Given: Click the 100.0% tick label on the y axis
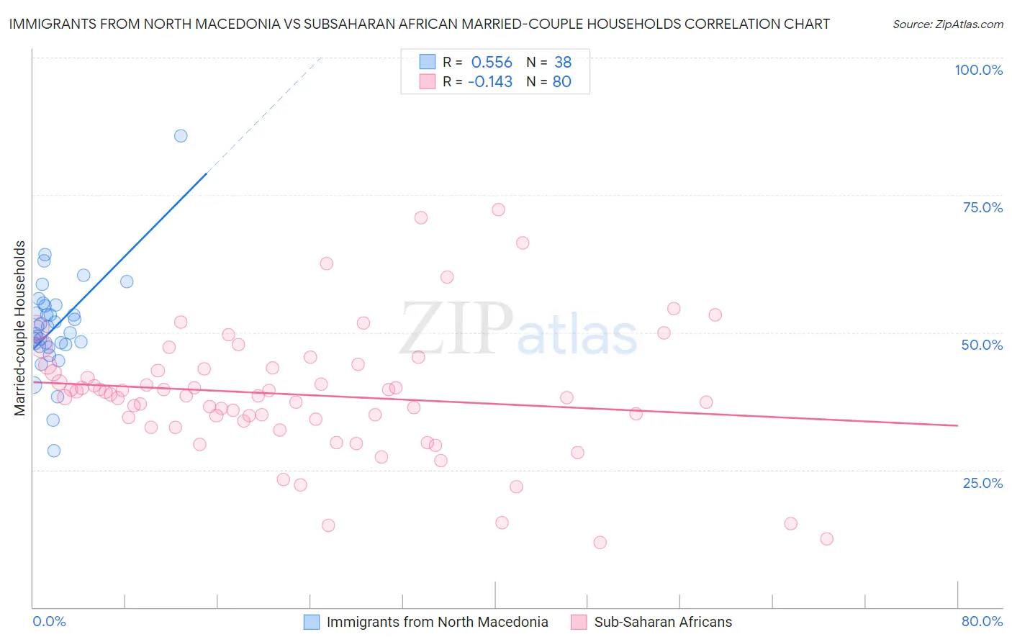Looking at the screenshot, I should point(978,70).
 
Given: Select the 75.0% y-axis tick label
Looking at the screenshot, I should point(982,207).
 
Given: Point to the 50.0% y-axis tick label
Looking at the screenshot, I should point(982,345).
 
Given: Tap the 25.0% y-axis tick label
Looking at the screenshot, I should point(982,482).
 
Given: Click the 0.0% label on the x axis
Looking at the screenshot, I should point(49,621).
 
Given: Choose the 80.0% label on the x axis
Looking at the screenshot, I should point(982,621).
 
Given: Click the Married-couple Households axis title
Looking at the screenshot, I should point(20,328).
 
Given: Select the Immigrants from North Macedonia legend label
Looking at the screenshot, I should point(437,622).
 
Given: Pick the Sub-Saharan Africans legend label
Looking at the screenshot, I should point(662,622).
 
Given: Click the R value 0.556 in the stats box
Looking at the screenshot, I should point(492,63).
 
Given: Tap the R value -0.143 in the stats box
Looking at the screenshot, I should point(489,82).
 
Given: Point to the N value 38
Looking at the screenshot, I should point(562,63).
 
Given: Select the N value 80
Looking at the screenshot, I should point(561,82).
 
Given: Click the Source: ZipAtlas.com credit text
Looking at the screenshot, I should point(947,24).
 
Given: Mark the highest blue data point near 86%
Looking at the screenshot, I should point(181,136).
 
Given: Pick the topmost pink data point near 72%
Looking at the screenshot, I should point(498,210).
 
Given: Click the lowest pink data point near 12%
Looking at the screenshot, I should point(600,543).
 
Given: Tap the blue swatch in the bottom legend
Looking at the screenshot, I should point(311,622).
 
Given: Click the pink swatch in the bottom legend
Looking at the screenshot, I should point(579,622).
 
